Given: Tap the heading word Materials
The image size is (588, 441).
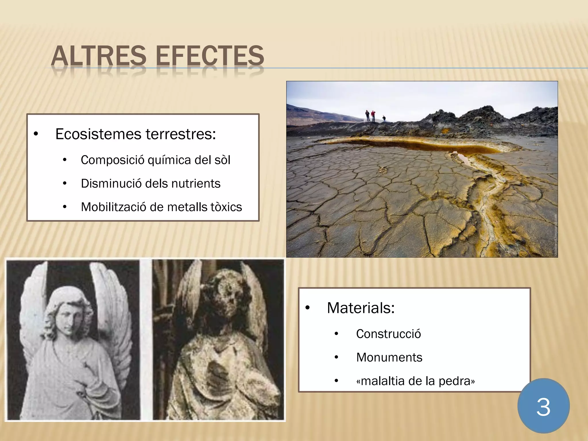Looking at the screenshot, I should coord(361,308).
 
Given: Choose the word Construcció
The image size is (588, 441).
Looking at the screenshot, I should coord(388,334).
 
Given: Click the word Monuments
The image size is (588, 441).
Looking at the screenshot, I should coord(389,357).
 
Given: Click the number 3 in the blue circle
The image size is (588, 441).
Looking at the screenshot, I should coord(543,407).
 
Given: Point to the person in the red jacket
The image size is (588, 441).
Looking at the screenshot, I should coord(373,115).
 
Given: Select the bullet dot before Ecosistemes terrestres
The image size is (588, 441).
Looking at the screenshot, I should coord(36,134).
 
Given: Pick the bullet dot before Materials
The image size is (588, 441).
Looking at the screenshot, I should coord(307,308).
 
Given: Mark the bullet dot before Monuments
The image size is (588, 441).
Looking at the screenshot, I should coord(336,357).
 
